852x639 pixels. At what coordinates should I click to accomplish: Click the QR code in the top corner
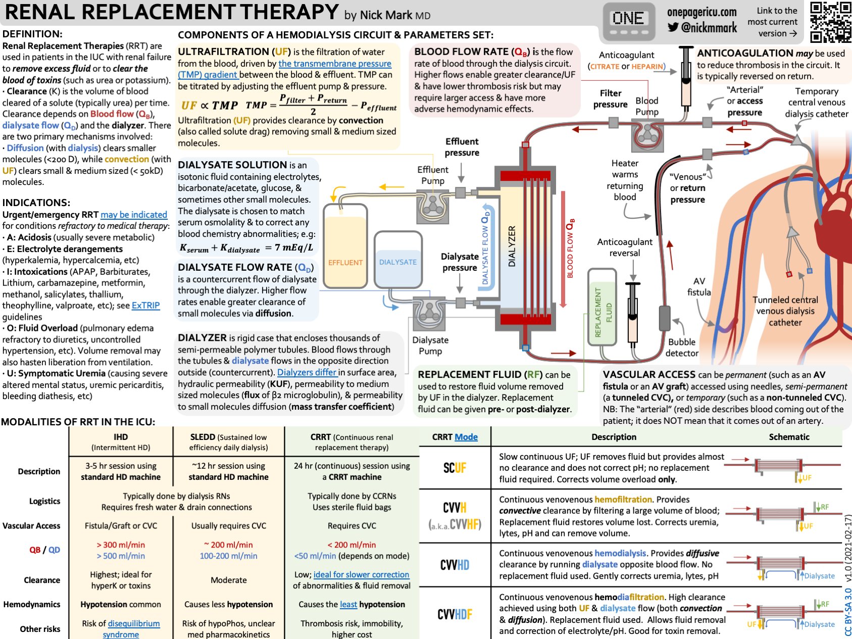[830, 22]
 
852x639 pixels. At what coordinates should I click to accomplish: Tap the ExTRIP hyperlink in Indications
[145, 306]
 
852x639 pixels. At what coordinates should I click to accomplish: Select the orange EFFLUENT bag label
[345, 263]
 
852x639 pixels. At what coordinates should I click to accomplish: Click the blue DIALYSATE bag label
[398, 262]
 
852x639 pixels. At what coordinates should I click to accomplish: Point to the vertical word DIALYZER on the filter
[512, 247]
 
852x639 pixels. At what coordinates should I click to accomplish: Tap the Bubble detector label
[682, 348]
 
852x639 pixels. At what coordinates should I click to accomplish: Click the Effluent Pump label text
[433, 175]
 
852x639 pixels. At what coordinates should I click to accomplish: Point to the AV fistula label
[699, 287]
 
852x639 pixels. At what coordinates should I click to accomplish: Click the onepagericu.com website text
[701, 12]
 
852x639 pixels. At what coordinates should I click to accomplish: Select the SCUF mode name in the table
[455, 468]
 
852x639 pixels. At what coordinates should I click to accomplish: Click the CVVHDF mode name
[455, 614]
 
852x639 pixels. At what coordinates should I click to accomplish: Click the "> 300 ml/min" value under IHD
[121, 545]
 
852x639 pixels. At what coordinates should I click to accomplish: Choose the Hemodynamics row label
[32, 604]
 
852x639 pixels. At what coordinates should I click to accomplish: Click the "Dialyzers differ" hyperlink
[307, 372]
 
